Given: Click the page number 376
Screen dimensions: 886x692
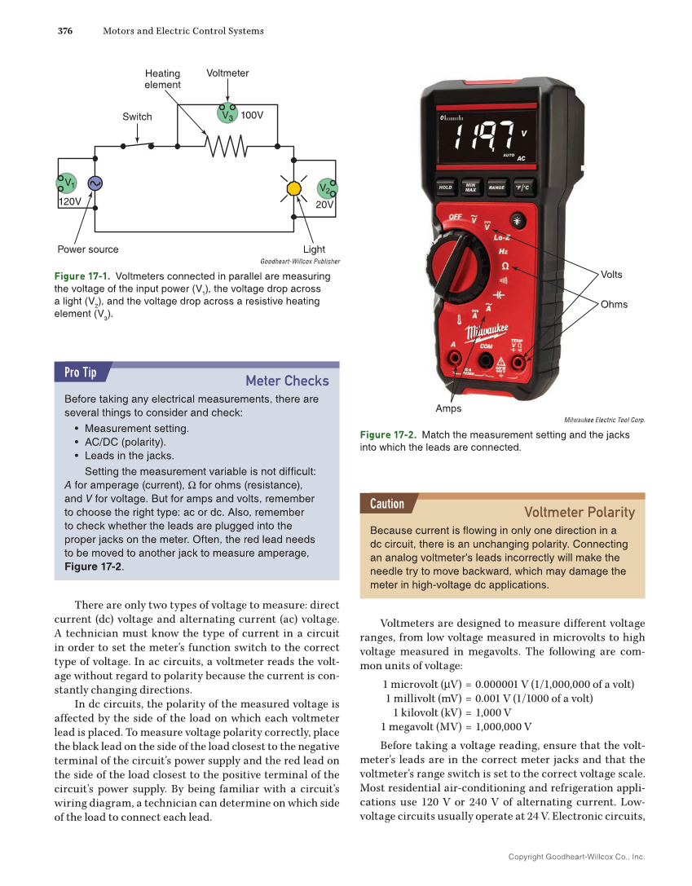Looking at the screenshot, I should coord(65,31).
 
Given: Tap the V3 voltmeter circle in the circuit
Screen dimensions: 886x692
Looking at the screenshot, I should coord(227,115).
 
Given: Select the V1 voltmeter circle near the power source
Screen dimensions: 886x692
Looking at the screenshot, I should coord(67,183).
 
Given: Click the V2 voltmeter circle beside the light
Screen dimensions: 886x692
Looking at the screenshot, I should coord(326,189).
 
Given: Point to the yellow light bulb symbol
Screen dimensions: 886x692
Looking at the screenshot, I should coord(293,189).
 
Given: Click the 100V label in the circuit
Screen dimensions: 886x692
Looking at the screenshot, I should coord(253,116).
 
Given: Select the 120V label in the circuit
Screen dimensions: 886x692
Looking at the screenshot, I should coord(71,201).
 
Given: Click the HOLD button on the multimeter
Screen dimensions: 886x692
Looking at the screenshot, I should coord(445,187).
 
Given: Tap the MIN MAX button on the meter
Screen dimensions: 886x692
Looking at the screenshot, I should coord(470,187).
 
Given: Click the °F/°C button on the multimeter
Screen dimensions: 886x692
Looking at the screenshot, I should coord(522,187).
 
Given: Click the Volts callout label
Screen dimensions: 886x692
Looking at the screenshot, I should coord(613,275).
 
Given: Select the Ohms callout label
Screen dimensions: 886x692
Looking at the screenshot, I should coord(614,304).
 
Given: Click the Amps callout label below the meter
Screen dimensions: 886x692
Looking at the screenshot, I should coord(448,408).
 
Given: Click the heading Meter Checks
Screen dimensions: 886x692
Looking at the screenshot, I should coord(287,381).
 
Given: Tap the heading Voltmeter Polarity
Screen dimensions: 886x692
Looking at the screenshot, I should coord(579,512).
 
